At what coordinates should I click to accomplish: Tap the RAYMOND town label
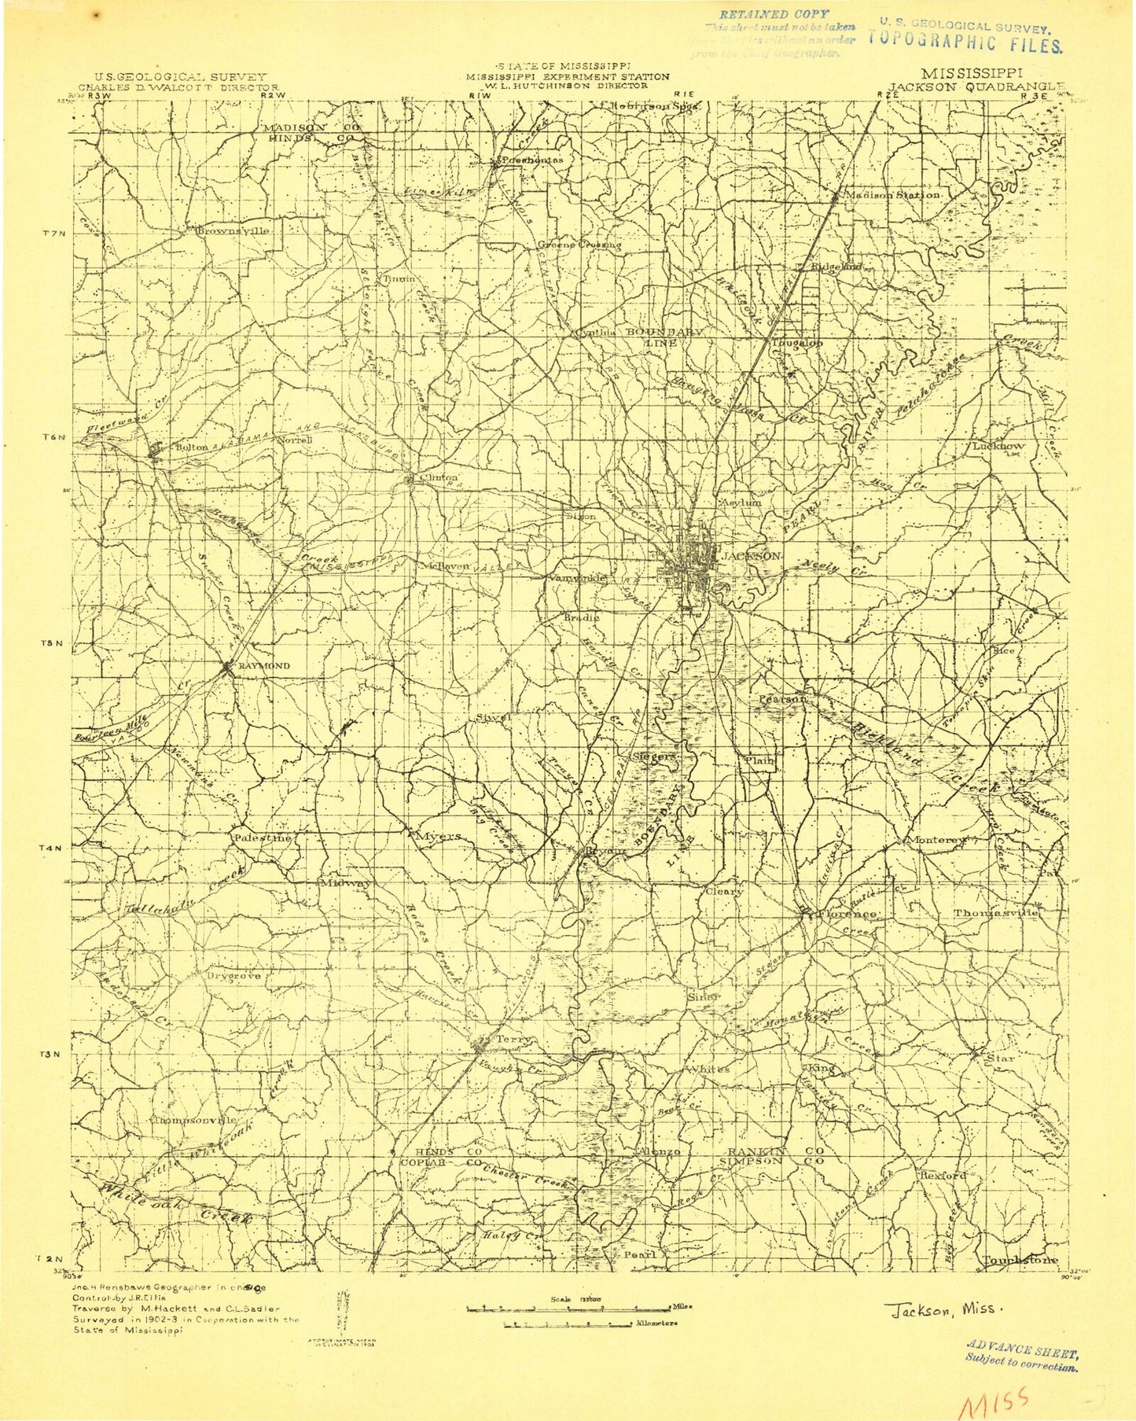pyautogui.click(x=263, y=666)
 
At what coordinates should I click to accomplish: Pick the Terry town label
pyautogui.click(x=513, y=1040)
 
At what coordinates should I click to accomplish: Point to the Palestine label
pyautogui.click(x=261, y=838)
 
